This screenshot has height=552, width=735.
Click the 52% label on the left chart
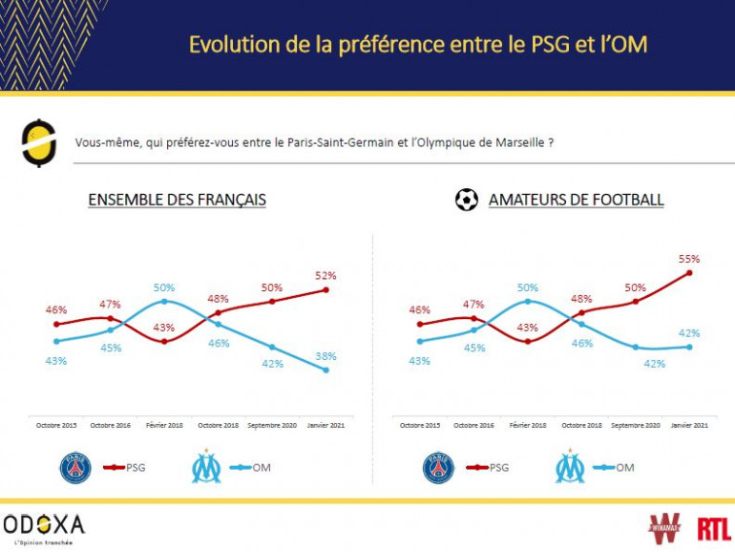(325, 274)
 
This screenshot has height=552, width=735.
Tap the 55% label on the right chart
(689, 258)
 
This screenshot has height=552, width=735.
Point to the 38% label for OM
(325, 355)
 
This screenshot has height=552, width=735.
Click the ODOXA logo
(43, 523)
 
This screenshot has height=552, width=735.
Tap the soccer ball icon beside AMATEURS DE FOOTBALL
(467, 200)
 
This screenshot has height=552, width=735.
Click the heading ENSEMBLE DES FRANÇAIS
(177, 201)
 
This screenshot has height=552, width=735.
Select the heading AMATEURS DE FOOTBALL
(576, 201)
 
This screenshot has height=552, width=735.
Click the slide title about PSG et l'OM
(424, 45)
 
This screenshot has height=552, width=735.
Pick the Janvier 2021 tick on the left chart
(325, 424)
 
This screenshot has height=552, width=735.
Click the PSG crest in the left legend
(75, 468)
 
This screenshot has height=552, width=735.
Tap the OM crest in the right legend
(571, 468)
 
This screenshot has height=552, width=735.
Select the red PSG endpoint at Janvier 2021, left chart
(326, 289)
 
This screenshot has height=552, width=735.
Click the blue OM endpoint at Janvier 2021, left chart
(326, 370)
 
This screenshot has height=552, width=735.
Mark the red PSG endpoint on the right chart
(689, 273)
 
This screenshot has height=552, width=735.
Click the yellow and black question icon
(38, 143)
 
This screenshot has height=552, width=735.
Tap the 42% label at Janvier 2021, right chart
(689, 333)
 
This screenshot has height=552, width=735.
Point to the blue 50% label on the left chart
(163, 287)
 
